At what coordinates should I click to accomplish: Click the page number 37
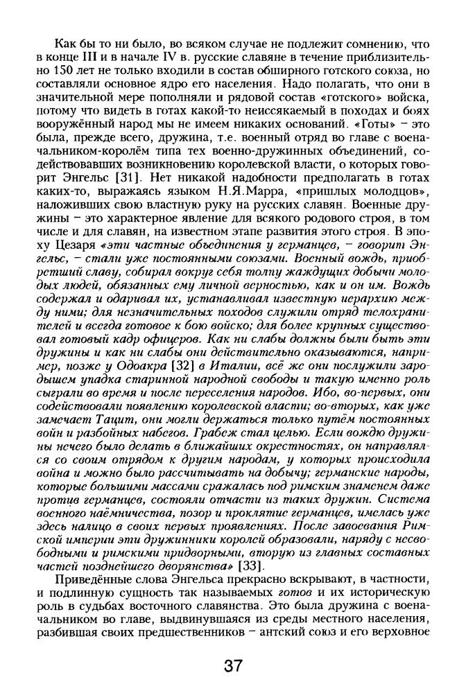point(233,667)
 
